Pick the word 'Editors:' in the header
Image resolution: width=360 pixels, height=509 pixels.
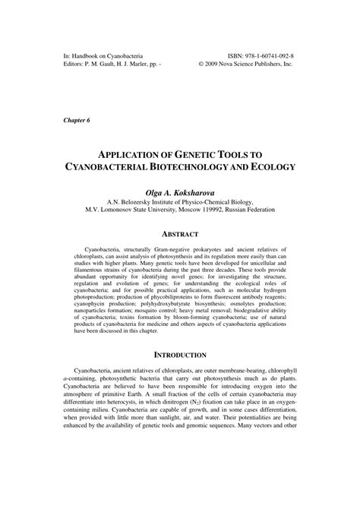coord(76,65)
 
